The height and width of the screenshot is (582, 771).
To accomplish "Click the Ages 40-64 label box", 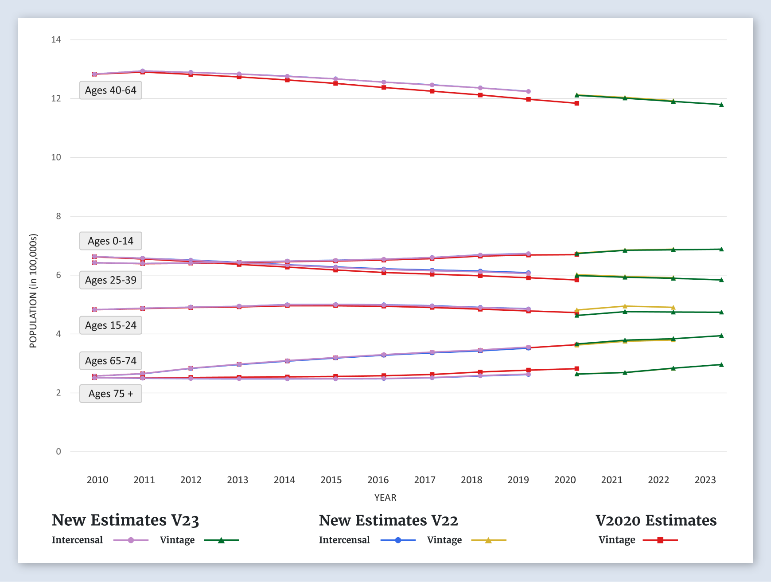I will [x=111, y=90].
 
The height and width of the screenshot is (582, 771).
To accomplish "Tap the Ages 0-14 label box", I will [x=111, y=241].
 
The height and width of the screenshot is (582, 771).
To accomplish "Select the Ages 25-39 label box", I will [x=111, y=280].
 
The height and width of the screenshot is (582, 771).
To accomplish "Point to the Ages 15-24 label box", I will [x=111, y=325].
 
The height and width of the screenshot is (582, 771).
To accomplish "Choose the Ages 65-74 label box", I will [x=111, y=361].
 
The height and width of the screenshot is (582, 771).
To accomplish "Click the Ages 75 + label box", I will [x=111, y=394].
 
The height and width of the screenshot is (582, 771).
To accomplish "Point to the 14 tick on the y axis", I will [x=56, y=39].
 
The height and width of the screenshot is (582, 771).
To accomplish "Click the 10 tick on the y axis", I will [x=56, y=157].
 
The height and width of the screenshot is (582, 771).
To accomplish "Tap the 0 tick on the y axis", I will [x=58, y=452].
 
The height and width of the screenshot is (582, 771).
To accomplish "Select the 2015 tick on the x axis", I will [x=331, y=480].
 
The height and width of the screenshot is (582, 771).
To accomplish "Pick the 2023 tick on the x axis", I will [x=705, y=480].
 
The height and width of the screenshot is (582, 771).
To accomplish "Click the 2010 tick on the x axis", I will [x=97, y=480].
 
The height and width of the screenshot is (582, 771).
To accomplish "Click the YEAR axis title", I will [x=385, y=497].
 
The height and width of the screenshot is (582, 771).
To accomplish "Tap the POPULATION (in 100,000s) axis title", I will [x=33, y=291].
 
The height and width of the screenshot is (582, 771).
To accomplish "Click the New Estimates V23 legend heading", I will [x=125, y=520].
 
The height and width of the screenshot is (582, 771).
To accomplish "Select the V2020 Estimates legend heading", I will [x=656, y=520].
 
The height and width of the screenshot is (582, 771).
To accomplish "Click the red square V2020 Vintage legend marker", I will [x=660, y=540].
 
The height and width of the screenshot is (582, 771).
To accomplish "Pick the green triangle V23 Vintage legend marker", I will [x=221, y=540].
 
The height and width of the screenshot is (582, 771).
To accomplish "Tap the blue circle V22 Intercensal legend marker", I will [x=398, y=540].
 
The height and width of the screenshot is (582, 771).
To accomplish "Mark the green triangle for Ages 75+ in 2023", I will [x=721, y=364].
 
